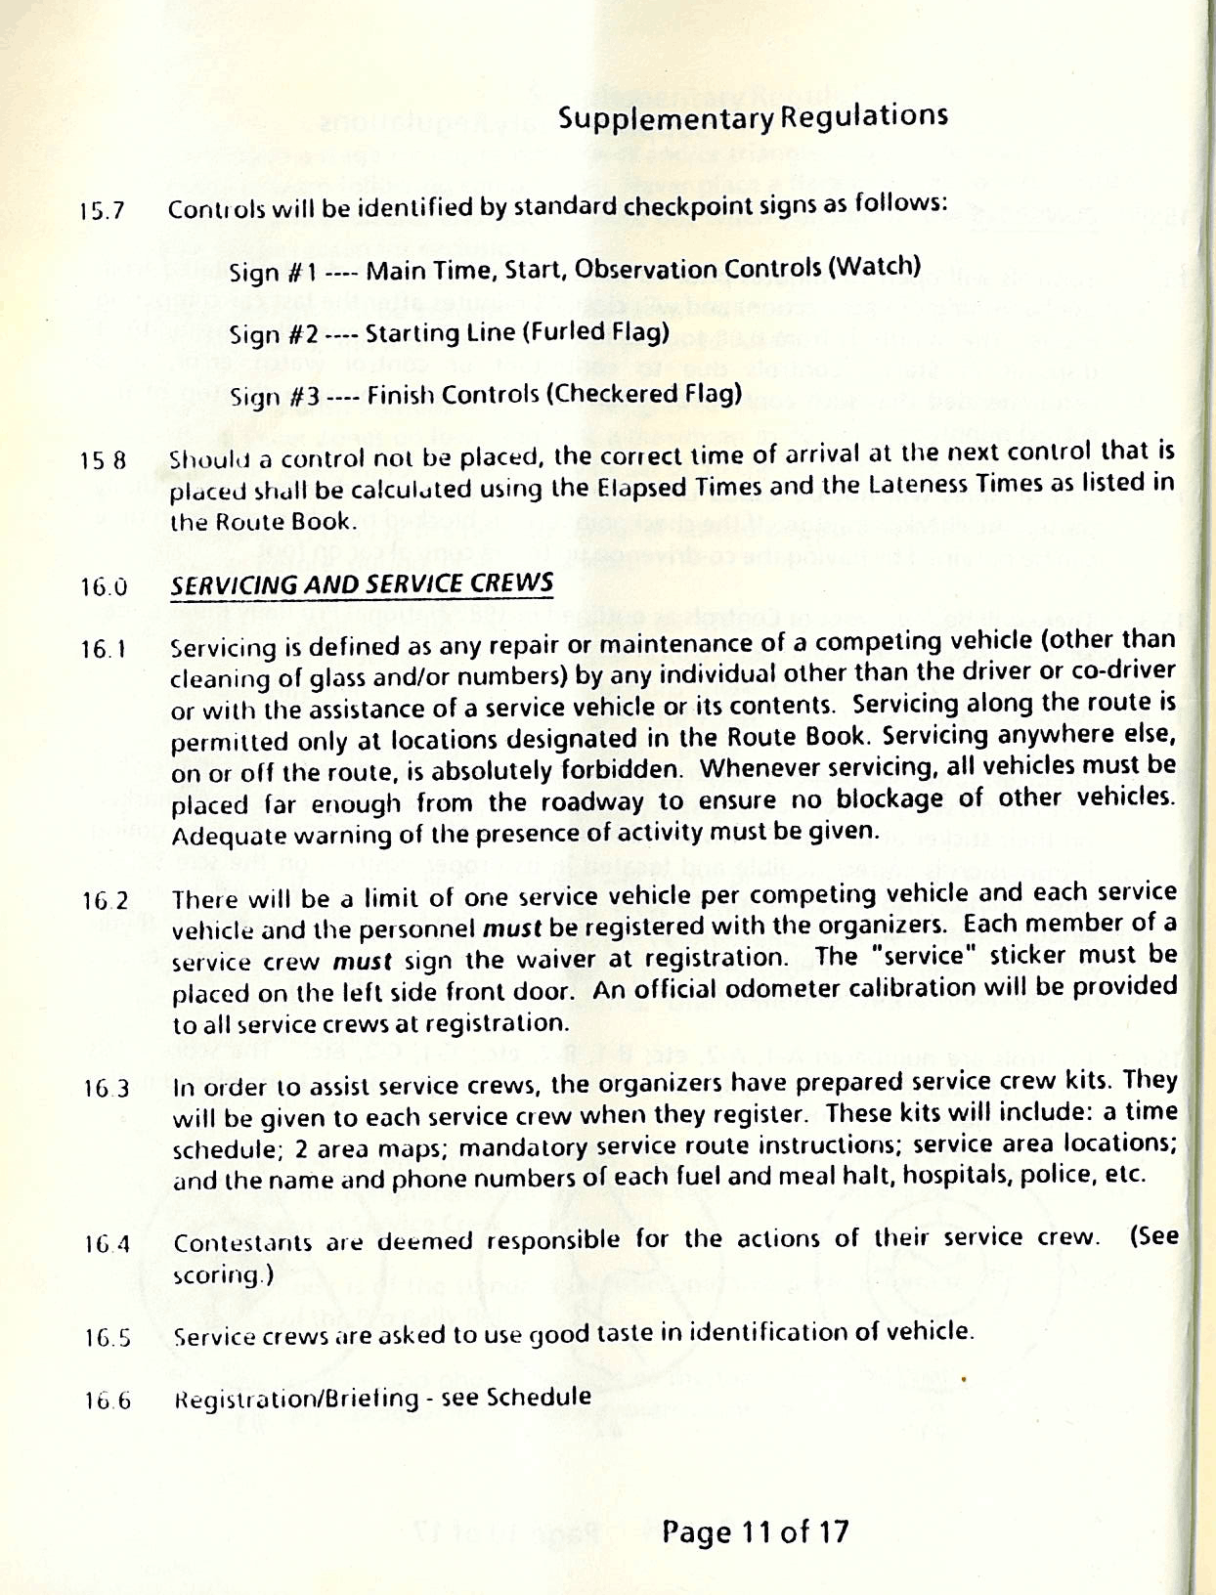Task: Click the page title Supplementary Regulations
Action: pyautogui.click(x=753, y=117)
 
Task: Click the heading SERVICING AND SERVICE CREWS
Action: pyautogui.click(x=362, y=583)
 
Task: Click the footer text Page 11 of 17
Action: pyautogui.click(x=755, y=1530)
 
